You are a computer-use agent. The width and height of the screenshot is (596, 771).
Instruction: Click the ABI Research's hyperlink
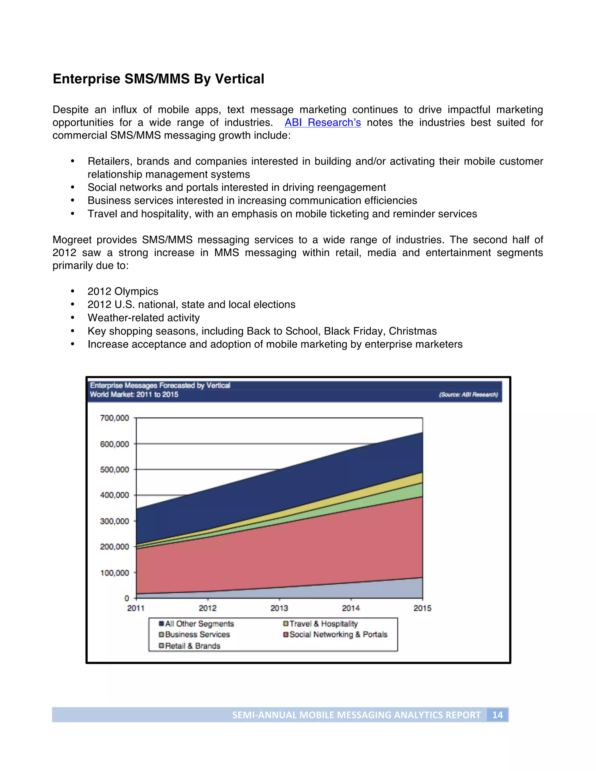click(x=322, y=122)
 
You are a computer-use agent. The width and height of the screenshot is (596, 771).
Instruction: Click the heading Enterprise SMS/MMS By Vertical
click(x=158, y=79)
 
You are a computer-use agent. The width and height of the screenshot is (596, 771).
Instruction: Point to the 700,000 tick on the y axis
click(x=114, y=418)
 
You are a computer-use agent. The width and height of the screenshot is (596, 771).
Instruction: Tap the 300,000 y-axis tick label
click(x=114, y=521)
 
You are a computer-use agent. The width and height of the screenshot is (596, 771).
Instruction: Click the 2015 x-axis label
click(x=422, y=608)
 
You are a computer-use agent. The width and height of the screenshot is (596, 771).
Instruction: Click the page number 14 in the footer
click(x=497, y=715)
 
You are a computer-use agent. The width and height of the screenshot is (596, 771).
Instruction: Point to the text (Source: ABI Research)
click(x=468, y=395)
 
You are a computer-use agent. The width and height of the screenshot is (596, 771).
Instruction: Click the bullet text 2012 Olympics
click(x=123, y=291)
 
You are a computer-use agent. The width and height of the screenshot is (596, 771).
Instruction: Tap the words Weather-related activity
click(x=143, y=318)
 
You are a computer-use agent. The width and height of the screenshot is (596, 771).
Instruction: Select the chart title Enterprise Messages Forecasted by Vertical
click(x=160, y=385)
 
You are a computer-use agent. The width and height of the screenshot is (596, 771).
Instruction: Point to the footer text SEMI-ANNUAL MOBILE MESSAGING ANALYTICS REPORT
click(x=356, y=715)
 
